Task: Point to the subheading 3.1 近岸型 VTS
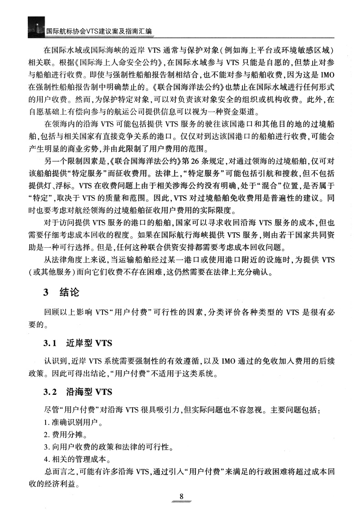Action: (77, 343)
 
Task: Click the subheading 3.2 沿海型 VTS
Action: (77, 392)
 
